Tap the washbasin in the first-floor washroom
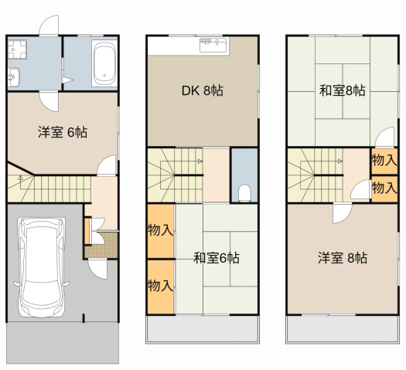pos(13,76)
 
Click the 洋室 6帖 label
pos(62,132)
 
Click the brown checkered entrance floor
pos(100,246)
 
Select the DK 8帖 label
pos(203,90)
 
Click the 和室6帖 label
pos(216,257)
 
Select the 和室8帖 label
pos(343,90)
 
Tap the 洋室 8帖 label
pos(343,257)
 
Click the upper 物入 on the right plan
pos(384,161)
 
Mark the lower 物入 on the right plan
pos(384,187)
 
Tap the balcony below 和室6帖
pos(203,331)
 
